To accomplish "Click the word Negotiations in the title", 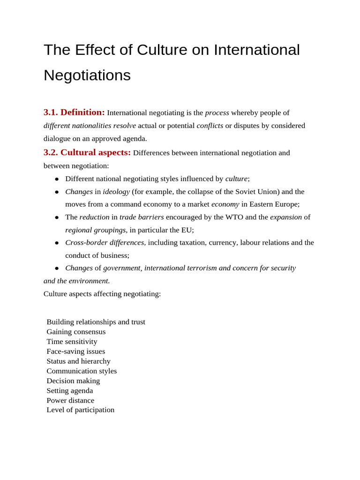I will [x=87, y=75].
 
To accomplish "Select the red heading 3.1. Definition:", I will [x=74, y=112].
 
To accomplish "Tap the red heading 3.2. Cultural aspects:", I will [x=87, y=153].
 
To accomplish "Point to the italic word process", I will [x=217, y=113].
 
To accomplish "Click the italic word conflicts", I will [x=210, y=126].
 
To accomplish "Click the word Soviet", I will [x=246, y=192].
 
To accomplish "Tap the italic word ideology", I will [x=116, y=192].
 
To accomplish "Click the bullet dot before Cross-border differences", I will [x=57, y=243].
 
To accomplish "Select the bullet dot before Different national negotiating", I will [x=57, y=179].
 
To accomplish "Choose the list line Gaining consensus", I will [x=76, y=332].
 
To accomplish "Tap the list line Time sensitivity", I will [x=72, y=342].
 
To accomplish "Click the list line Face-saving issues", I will [x=75, y=352].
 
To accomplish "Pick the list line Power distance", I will [x=70, y=400].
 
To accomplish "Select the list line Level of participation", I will [x=80, y=410].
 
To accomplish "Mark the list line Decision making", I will [x=73, y=381].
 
